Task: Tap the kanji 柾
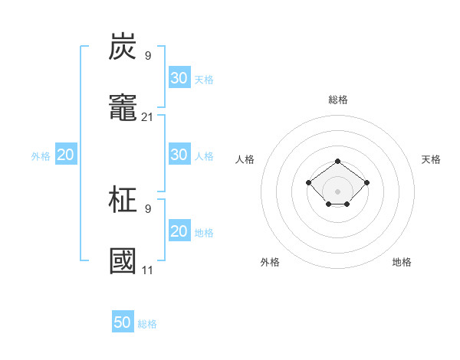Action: (x=123, y=201)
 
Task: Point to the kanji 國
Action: (x=123, y=261)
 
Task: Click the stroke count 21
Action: (x=148, y=116)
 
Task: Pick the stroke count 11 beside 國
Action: (x=148, y=270)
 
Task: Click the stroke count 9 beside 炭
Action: (x=148, y=55)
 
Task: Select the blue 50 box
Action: (x=123, y=322)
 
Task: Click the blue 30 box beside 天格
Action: (x=179, y=77)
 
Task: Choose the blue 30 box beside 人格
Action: (x=179, y=155)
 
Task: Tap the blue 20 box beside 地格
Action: (x=179, y=231)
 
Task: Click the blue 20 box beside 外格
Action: (x=66, y=155)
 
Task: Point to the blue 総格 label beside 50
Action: (x=147, y=324)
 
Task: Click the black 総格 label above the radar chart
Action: (x=337, y=100)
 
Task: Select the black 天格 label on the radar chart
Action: (x=431, y=159)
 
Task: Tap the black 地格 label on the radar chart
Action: (x=402, y=262)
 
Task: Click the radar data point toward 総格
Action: (x=337, y=161)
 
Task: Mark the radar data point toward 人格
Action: (x=308, y=182)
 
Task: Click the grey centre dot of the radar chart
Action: (x=337, y=191)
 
